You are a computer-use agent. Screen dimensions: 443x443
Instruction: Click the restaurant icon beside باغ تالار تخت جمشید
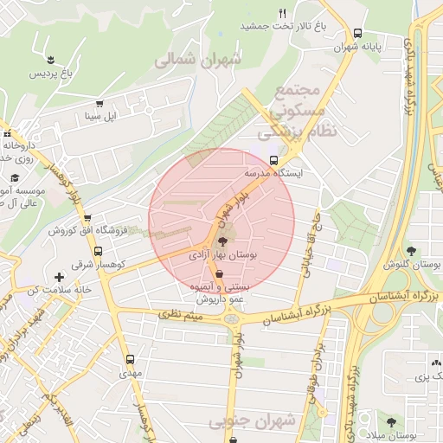point(282,13)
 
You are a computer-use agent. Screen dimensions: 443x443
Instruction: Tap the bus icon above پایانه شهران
point(358,33)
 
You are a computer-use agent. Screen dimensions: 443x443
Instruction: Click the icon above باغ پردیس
point(55,60)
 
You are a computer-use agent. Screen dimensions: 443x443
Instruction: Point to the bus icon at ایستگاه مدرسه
point(274,160)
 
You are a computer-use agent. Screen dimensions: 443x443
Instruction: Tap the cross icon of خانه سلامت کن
point(59,277)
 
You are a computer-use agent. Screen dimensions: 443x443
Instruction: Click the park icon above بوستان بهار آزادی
point(222,242)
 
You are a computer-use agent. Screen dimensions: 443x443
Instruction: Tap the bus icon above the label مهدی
point(131,358)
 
